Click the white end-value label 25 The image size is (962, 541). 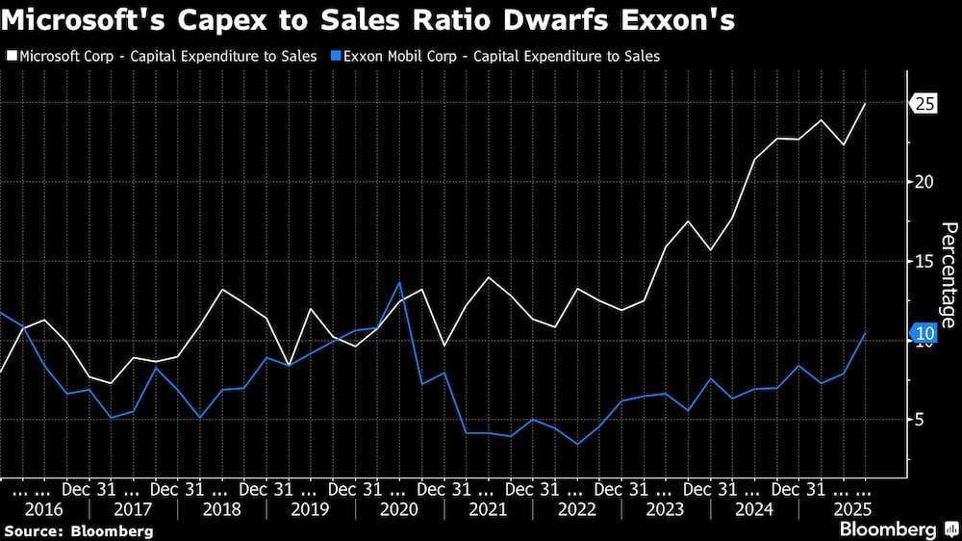pos(925,104)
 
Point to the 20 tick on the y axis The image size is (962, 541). pos(924,182)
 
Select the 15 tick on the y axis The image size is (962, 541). pos(924,262)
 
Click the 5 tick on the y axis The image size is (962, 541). pos(920,420)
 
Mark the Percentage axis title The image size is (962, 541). pos(948,274)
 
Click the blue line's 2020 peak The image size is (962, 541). pos(399,282)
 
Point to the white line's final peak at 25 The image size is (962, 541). pos(865,104)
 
